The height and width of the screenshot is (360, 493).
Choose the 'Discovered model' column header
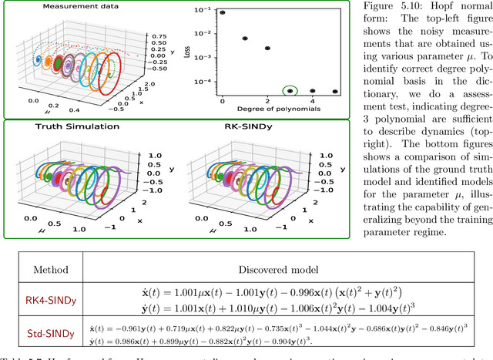(x=296, y=270)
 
